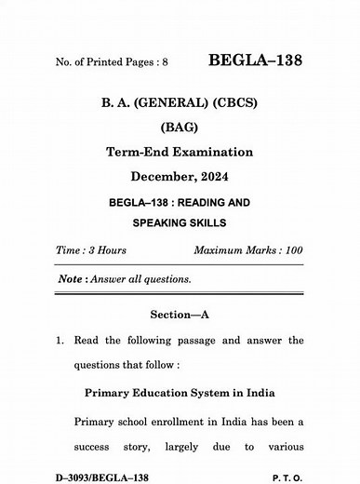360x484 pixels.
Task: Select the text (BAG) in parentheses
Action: coord(180,127)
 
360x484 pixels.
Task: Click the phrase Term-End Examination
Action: coord(180,152)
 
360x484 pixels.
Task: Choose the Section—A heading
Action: coord(180,315)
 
